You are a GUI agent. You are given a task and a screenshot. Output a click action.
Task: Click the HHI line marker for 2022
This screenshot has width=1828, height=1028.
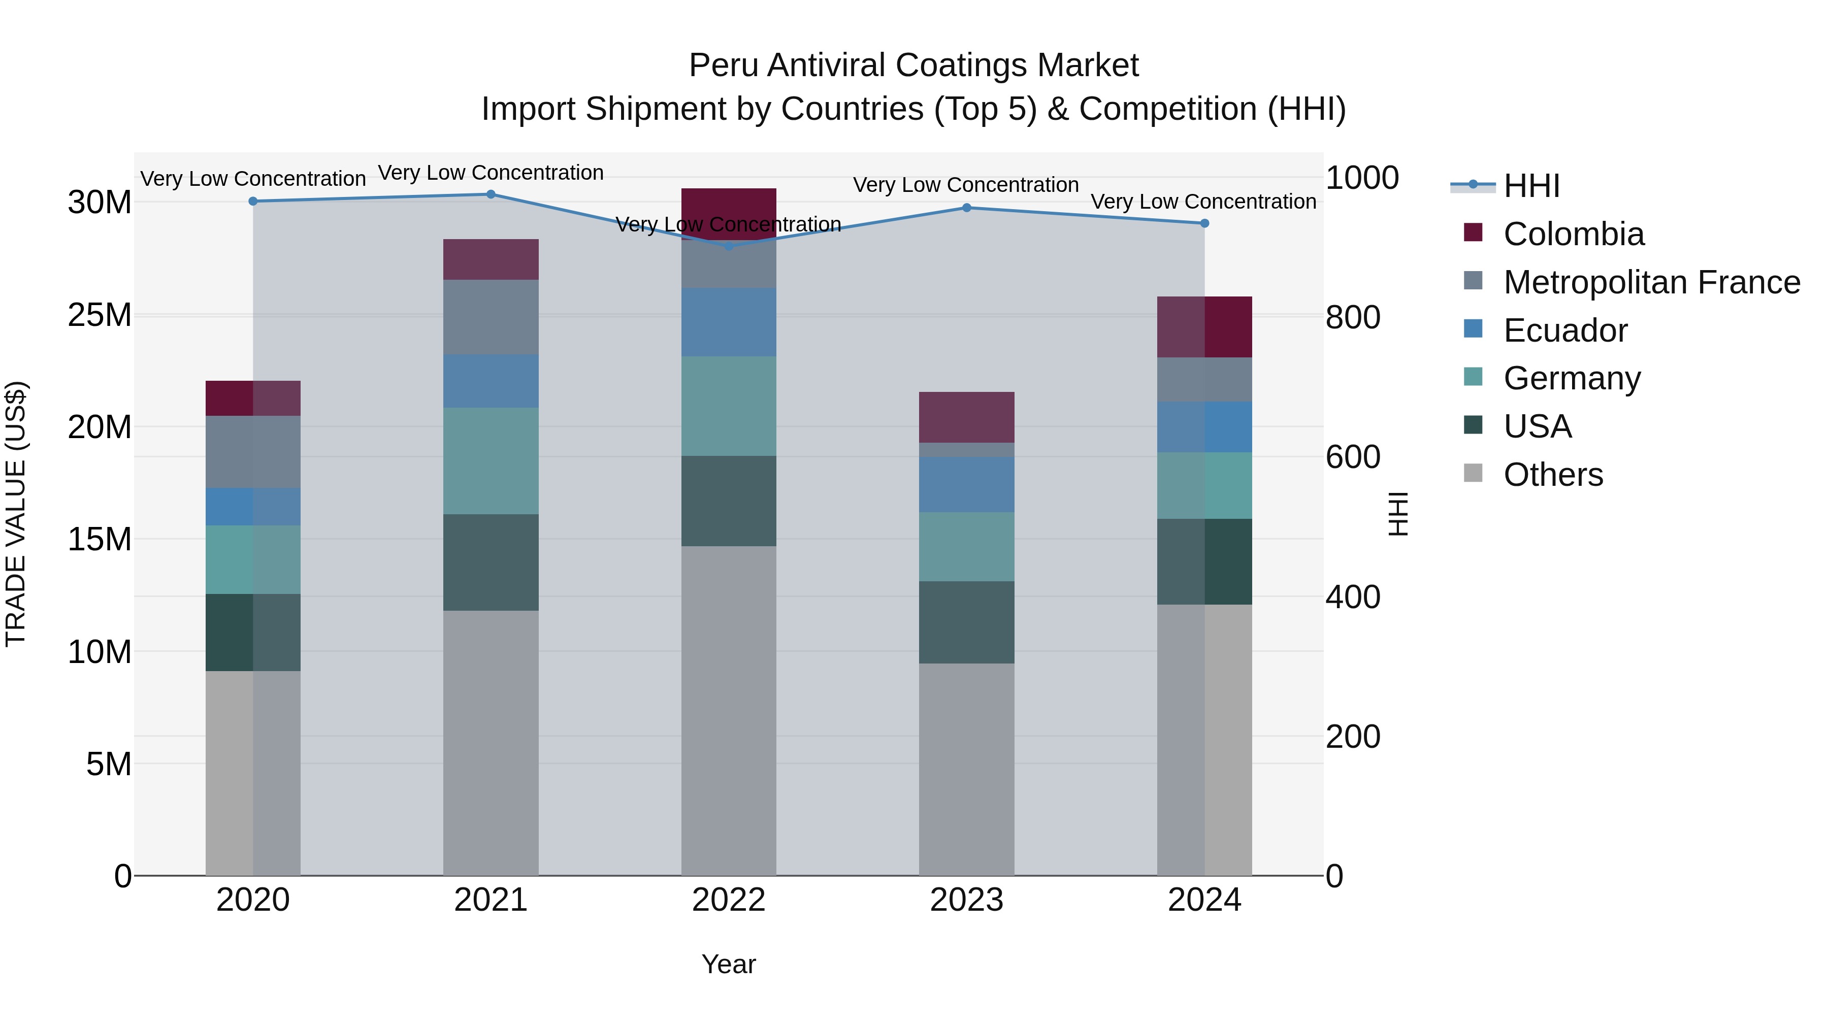pos(729,246)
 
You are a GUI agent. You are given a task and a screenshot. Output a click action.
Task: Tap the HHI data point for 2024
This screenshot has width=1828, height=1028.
pos(1204,223)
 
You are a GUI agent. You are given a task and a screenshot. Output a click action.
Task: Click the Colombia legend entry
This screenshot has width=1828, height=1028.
pos(1573,234)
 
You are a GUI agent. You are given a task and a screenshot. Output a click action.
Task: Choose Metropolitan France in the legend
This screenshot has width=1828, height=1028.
pos(1651,282)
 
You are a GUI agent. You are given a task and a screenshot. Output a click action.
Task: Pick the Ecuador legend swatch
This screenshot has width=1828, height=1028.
pos(1473,329)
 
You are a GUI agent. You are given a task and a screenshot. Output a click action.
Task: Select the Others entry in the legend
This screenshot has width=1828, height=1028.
pos(1553,475)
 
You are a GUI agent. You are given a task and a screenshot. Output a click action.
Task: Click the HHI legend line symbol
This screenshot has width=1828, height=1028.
pos(1473,185)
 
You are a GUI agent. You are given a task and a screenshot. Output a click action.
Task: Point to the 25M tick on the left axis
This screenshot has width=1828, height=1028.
pos(100,315)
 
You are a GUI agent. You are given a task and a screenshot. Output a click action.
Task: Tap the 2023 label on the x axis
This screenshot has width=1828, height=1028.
pos(966,900)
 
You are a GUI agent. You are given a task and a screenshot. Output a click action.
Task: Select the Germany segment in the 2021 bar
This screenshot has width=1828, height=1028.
pos(491,460)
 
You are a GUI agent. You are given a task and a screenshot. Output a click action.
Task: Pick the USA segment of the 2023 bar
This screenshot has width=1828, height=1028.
pos(966,622)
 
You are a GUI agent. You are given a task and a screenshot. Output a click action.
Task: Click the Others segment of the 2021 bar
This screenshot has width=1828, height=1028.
pos(491,742)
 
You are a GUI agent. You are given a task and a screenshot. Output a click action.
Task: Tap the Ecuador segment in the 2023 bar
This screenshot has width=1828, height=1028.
pos(966,485)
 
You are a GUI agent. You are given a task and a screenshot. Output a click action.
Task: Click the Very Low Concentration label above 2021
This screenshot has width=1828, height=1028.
pos(491,173)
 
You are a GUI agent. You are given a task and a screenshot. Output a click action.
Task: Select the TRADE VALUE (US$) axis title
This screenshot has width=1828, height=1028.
pos(16,514)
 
